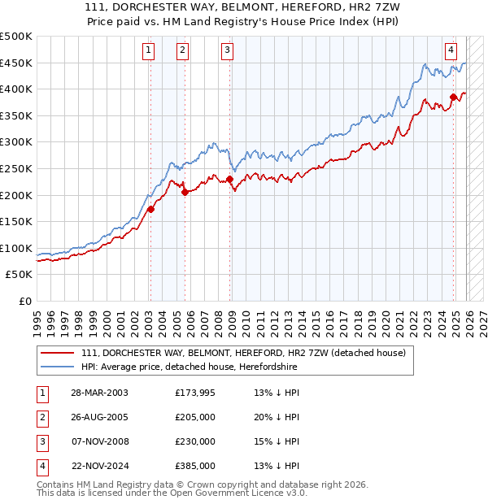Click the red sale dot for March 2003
(x=150, y=209)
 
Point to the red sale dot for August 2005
(x=185, y=193)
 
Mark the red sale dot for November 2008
(x=230, y=180)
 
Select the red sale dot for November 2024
(x=454, y=98)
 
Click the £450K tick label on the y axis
(x=17, y=63)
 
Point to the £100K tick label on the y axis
(x=17, y=248)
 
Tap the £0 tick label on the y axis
(x=25, y=301)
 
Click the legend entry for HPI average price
(x=189, y=367)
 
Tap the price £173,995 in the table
(x=195, y=393)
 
